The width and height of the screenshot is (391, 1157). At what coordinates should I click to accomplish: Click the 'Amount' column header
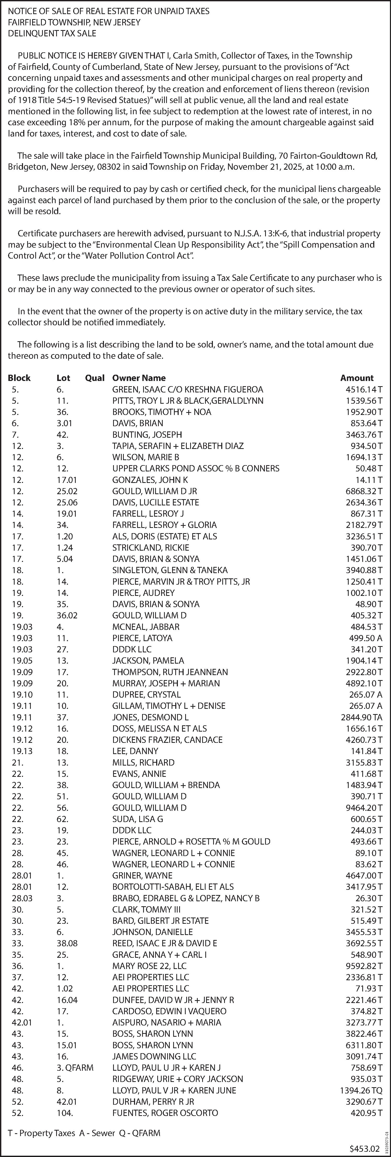coord(357,378)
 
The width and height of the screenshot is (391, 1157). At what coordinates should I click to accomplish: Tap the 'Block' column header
coord(19,378)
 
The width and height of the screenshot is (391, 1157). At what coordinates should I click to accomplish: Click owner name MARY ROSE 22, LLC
coord(149,966)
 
